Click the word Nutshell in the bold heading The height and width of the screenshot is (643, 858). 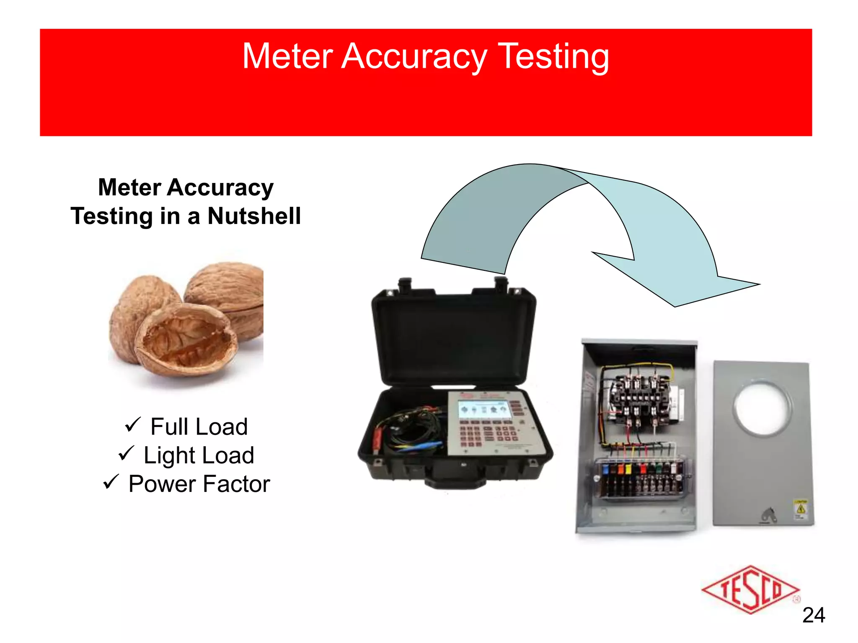tap(254, 216)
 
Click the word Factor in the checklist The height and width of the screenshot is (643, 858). tap(237, 484)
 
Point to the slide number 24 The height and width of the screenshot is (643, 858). tap(813, 615)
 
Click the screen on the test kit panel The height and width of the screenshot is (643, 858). tap(483, 409)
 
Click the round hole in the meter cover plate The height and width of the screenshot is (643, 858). tap(762, 407)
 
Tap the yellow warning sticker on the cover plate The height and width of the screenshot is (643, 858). tap(801, 509)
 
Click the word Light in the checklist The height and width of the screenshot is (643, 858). tap(169, 455)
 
